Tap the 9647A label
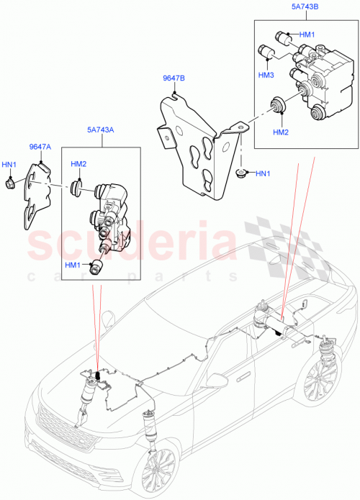[40, 147]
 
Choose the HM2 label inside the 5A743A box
[78, 164]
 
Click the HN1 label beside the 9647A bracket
[9, 164]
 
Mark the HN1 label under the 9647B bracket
[263, 173]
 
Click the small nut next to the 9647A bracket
[10, 183]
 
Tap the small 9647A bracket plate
[40, 194]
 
